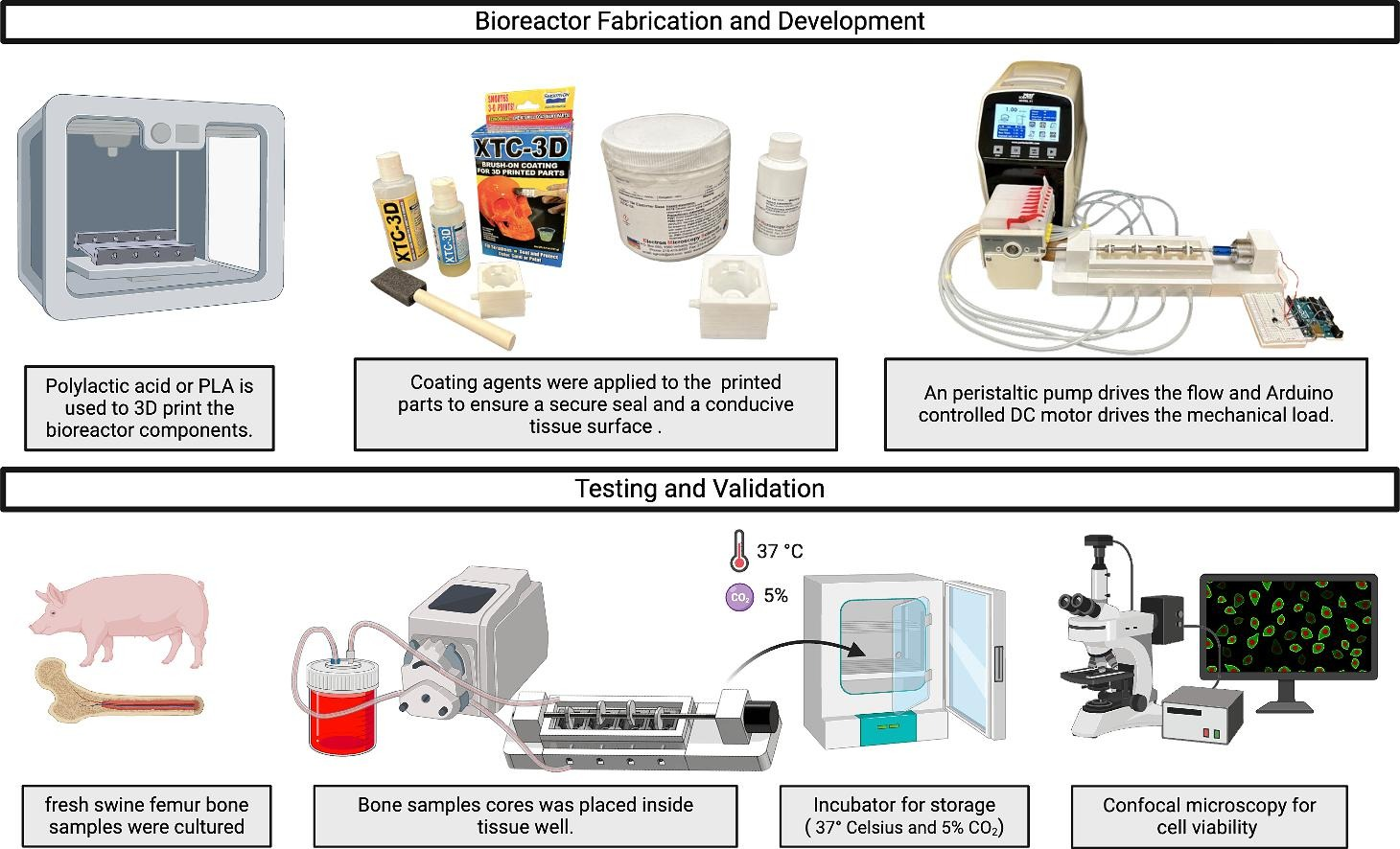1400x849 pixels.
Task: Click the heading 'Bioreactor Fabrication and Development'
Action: click(699, 21)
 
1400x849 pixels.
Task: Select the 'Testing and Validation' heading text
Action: click(699, 489)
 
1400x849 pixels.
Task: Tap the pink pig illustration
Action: click(120, 619)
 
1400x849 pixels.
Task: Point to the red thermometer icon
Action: click(737, 551)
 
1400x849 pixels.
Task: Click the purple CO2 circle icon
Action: click(739, 597)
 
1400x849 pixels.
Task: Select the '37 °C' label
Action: click(780, 551)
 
